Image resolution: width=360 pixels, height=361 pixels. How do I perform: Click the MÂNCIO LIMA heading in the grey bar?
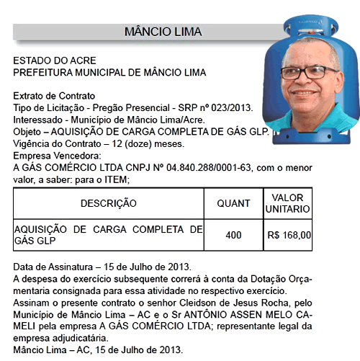click(x=163, y=32)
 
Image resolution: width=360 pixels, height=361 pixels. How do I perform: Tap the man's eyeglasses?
click(x=310, y=73)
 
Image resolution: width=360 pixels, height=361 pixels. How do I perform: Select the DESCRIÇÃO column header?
click(x=108, y=204)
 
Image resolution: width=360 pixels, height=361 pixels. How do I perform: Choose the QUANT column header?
click(x=233, y=204)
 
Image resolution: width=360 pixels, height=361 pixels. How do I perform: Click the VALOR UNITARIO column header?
click(x=288, y=203)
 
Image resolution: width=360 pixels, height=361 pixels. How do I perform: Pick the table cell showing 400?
click(x=233, y=235)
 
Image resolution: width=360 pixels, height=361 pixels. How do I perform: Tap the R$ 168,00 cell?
click(x=289, y=235)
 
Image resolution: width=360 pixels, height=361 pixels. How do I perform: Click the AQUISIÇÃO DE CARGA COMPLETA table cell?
click(x=108, y=235)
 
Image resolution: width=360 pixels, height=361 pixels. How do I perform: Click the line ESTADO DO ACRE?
click(x=55, y=61)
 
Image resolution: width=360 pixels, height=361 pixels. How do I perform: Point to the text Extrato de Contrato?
click(x=55, y=97)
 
